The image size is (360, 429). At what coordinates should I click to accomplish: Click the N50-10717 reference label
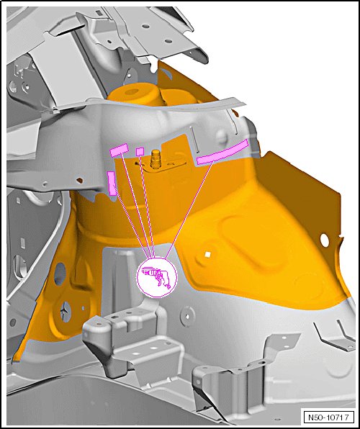(x=328, y=417)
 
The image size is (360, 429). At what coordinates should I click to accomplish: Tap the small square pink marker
(x=140, y=151)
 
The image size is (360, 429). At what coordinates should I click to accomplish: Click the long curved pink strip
(x=222, y=152)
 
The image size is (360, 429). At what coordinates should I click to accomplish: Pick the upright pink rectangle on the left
(x=112, y=184)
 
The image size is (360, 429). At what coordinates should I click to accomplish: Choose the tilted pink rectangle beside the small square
(x=120, y=150)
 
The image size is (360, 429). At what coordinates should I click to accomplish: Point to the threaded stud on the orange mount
(x=156, y=158)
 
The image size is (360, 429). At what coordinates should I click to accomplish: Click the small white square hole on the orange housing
(x=207, y=254)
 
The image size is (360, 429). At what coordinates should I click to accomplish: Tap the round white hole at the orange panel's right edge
(x=325, y=240)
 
